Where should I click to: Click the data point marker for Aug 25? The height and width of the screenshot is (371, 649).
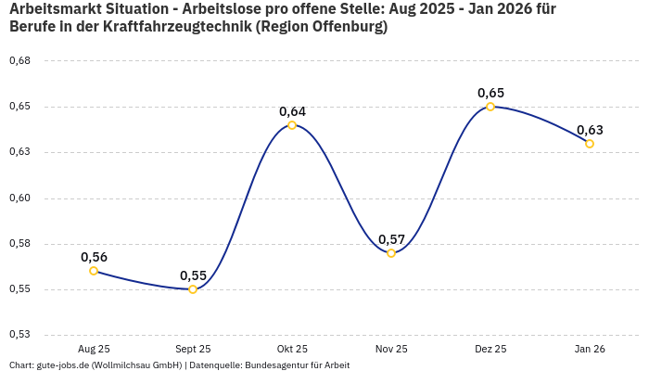(x=94, y=271)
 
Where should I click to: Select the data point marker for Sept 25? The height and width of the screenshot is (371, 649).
(x=193, y=289)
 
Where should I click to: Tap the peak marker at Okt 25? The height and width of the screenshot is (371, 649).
(x=292, y=125)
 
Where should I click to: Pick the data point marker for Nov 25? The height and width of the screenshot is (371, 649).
(x=391, y=253)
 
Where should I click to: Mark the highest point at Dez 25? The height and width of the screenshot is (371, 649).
(x=490, y=107)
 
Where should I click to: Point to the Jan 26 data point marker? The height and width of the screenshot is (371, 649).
(x=590, y=144)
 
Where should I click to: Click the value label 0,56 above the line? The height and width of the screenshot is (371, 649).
(x=94, y=257)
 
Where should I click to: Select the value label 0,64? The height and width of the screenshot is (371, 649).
(x=292, y=111)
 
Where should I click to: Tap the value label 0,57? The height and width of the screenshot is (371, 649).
(x=391, y=239)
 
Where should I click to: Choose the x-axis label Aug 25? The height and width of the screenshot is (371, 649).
(x=94, y=350)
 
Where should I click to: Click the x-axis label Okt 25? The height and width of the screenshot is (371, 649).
(x=292, y=350)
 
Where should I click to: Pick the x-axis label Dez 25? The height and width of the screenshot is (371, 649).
(x=490, y=350)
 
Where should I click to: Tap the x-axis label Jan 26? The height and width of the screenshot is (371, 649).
(x=590, y=350)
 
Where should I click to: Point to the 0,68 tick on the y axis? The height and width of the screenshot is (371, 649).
(x=19, y=61)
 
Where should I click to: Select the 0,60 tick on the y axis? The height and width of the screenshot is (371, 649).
(x=19, y=198)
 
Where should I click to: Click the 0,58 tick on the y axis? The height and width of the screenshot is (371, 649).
(x=19, y=244)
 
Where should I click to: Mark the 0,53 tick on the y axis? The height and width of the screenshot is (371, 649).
(x=19, y=335)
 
